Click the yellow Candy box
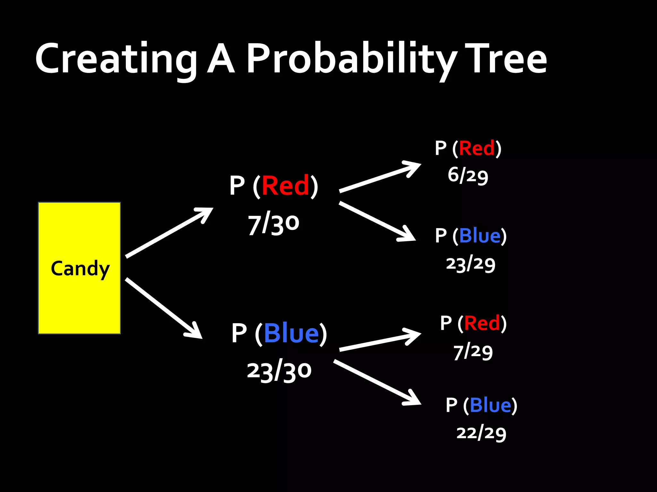coord(79,268)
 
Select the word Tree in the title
coord(506,59)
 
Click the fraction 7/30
coord(273,224)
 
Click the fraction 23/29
coord(471,264)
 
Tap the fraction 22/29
coord(481,433)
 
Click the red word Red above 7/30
coord(285,186)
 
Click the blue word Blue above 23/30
coord(291,333)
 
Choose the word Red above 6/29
coord(477,148)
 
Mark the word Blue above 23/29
coord(480,236)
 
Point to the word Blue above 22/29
coord(490,405)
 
